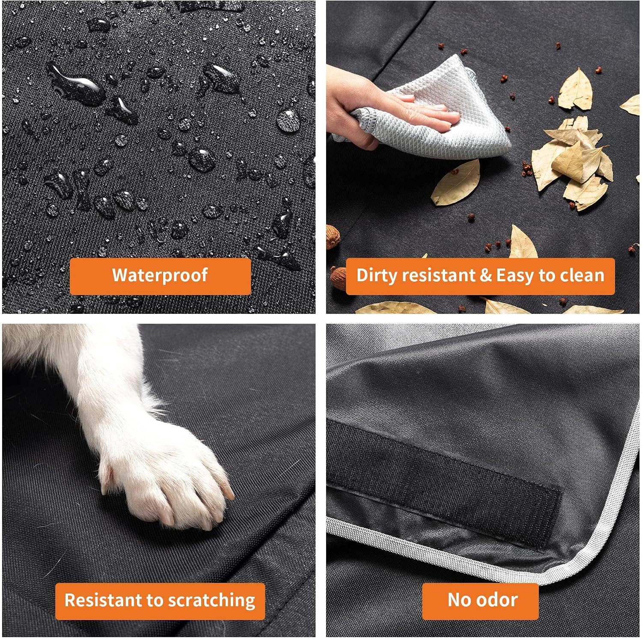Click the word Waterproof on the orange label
click(x=160, y=275)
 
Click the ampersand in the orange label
click(x=485, y=276)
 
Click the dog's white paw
click(x=171, y=480)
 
